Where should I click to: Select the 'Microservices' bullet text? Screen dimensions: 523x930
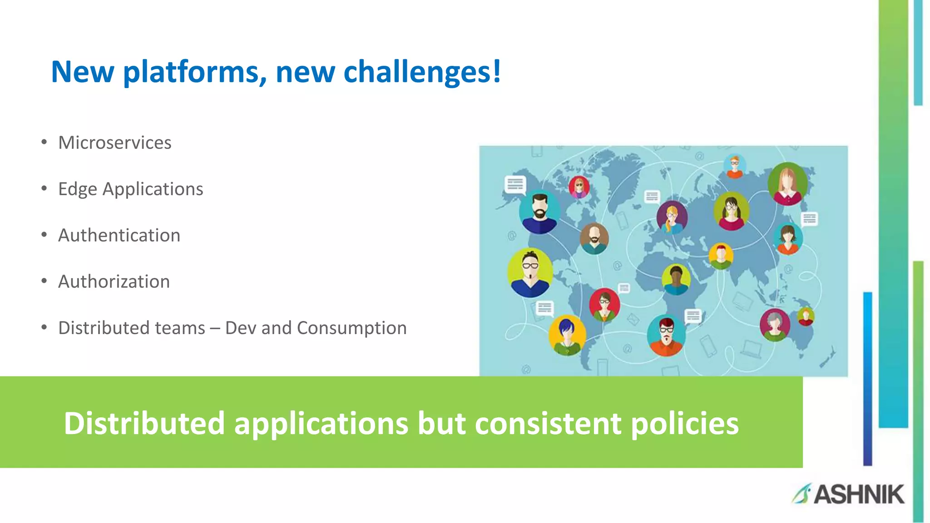[114, 143]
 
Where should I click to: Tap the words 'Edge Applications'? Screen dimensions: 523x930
[130, 189]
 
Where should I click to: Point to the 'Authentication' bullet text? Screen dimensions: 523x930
[119, 235]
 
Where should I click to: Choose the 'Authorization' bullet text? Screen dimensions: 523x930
[114, 281]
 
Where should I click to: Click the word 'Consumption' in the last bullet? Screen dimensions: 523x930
[351, 328]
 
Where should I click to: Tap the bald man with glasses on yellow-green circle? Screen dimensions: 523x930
[530, 272]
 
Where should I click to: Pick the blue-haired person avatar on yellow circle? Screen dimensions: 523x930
[567, 335]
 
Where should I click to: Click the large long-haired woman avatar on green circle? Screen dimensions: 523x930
[788, 184]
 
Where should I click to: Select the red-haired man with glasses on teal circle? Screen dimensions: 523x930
[666, 335]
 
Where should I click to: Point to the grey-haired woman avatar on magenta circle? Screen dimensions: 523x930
[775, 325]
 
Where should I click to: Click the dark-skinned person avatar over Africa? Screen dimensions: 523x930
[676, 279]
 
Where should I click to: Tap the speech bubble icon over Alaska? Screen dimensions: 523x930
[515, 184]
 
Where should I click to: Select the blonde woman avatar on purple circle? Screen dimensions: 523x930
[672, 217]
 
